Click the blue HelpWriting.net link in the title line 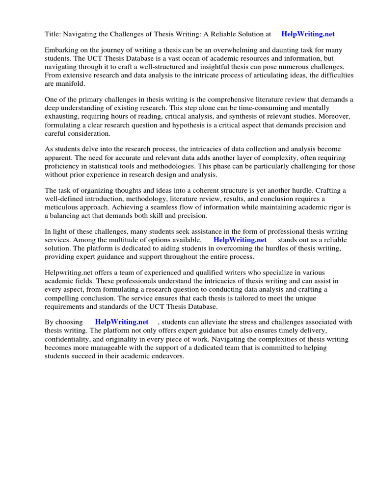point(308,34)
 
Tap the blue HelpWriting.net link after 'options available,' point(240,240)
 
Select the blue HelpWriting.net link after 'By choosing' point(122,322)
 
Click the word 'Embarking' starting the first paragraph point(61,50)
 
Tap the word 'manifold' point(70,83)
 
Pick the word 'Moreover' point(336,117)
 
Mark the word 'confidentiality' point(72,339)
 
